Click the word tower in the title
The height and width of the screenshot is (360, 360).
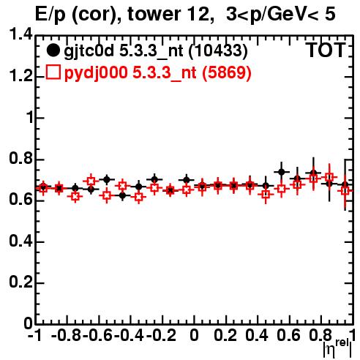click(x=154, y=14)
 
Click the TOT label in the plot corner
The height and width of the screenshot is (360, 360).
click(x=326, y=50)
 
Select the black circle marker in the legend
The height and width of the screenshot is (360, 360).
click(x=53, y=50)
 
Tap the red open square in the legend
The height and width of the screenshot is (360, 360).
click(x=53, y=72)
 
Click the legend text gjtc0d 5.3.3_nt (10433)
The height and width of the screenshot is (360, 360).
click(x=156, y=51)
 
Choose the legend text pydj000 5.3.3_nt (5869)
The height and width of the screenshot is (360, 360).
click(x=158, y=72)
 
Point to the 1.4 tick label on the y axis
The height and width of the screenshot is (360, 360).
click(x=20, y=34)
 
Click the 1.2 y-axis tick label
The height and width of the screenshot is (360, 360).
click(x=20, y=76)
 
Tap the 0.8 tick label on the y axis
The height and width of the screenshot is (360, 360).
click(x=20, y=159)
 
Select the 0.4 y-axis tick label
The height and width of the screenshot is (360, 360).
click(x=20, y=241)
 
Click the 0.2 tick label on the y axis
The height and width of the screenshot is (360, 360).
click(x=20, y=282)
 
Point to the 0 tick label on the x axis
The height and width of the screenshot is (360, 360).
click(x=194, y=335)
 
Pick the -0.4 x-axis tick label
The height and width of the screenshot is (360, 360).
click(x=130, y=335)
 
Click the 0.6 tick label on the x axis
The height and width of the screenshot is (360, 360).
click(x=288, y=335)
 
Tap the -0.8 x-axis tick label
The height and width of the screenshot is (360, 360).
click(x=67, y=335)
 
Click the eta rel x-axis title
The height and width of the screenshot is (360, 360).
click(x=337, y=348)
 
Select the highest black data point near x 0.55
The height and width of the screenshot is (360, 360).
click(x=282, y=172)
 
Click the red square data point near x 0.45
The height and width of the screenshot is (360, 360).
click(x=266, y=195)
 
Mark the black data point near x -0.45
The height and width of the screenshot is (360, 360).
click(x=123, y=195)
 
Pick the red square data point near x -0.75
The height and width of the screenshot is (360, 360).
click(x=75, y=196)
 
